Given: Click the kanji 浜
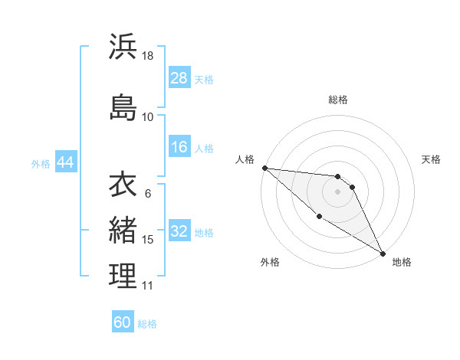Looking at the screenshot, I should point(123,47).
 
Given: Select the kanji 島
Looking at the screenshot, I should point(123,106).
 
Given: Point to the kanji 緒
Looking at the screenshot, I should point(123,229).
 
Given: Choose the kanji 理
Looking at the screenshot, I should point(123,277).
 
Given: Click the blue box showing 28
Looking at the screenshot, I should point(179,78).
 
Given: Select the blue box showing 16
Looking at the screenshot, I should point(179,147).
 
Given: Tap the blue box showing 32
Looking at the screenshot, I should point(179,231).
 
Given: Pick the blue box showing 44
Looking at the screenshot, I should point(65,162).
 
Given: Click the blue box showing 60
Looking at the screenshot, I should point(123,322).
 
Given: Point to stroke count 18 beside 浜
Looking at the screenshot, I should point(149,56).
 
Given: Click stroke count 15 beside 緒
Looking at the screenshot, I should point(148,240).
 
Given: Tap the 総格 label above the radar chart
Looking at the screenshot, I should point(338,100).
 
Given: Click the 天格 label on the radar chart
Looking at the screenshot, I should point(432,159).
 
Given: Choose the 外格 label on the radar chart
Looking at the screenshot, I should point(270,262).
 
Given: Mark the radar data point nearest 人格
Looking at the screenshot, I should point(264,168).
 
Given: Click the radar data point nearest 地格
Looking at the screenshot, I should point(383,254).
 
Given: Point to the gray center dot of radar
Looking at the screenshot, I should point(338,191).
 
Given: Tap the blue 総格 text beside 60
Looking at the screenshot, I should point(147,324).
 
